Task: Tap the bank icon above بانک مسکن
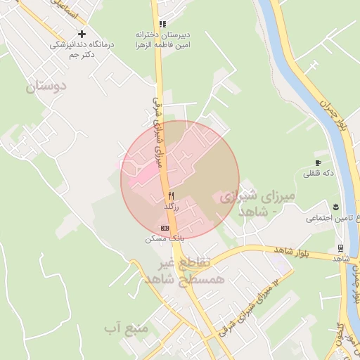tap(165, 228)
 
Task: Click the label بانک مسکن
tap(159, 239)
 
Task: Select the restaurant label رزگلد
tap(172, 207)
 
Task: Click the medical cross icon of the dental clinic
tap(82, 34)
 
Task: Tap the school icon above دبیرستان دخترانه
tap(163, 24)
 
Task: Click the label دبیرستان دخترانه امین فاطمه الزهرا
tap(163, 39)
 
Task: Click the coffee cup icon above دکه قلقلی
tap(319, 163)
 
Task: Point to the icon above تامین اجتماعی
tap(336, 206)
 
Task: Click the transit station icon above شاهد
tap(340, 248)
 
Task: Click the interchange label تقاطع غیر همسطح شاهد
tap(186, 271)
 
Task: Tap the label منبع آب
tap(125, 328)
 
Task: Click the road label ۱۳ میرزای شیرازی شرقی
tap(248, 307)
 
